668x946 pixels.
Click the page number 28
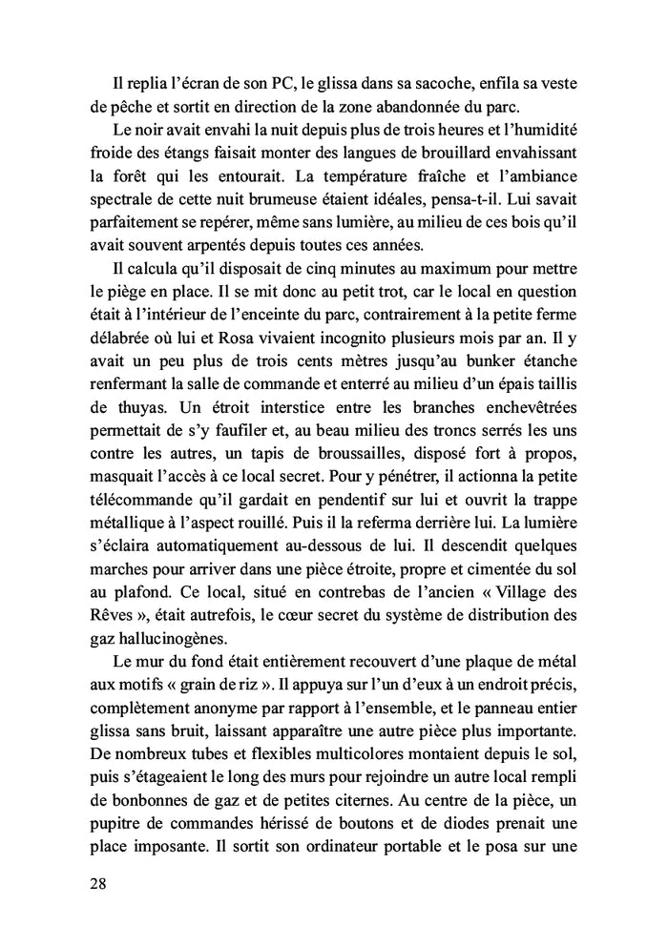[95, 884]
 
